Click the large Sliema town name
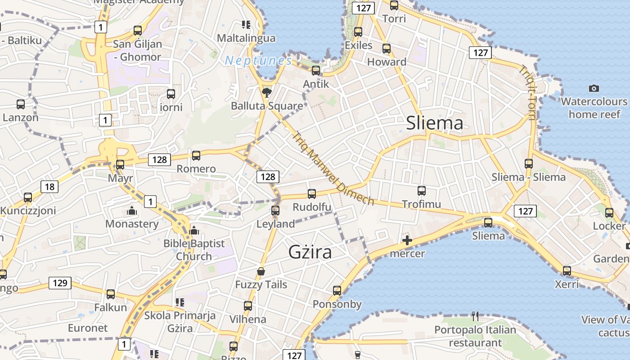(434, 123)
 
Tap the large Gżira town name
(310, 252)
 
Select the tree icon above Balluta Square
(267, 93)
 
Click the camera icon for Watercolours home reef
(594, 88)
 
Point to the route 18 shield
(49, 186)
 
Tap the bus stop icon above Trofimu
(421, 190)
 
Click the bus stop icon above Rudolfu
(311, 194)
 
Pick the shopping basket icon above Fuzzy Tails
(261, 271)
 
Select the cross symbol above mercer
(407, 240)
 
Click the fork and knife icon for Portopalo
(475, 316)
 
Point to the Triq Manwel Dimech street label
(333, 168)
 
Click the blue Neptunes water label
(258, 60)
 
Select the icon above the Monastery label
(131, 210)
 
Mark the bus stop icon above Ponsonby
(337, 291)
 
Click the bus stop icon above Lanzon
(20, 104)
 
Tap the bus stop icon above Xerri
(567, 271)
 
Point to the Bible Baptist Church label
(193, 250)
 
